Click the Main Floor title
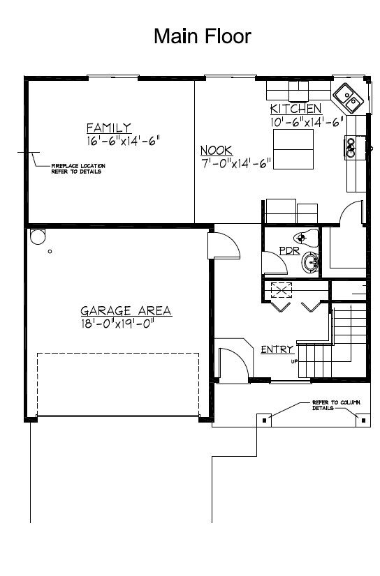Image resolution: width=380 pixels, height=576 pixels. click(x=202, y=36)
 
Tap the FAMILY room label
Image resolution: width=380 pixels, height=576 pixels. click(x=108, y=128)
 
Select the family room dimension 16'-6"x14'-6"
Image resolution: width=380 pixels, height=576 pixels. click(x=119, y=139)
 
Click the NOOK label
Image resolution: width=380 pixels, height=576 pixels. click(x=217, y=151)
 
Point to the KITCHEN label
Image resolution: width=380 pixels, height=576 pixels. click(x=295, y=109)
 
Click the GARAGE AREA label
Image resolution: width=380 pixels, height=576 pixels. click(x=126, y=311)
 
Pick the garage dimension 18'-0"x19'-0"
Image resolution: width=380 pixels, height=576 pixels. click(x=116, y=323)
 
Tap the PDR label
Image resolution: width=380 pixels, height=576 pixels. click(x=289, y=250)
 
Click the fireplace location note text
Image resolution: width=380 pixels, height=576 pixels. click(x=78, y=168)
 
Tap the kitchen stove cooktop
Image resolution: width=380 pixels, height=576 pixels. click(x=351, y=145)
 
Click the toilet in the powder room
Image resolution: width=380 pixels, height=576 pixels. click(x=304, y=237)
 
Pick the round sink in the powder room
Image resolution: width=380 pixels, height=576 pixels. click(x=311, y=264)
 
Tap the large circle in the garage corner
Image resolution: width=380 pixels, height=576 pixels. click(x=36, y=237)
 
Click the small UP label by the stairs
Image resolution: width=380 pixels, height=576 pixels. click(x=295, y=361)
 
